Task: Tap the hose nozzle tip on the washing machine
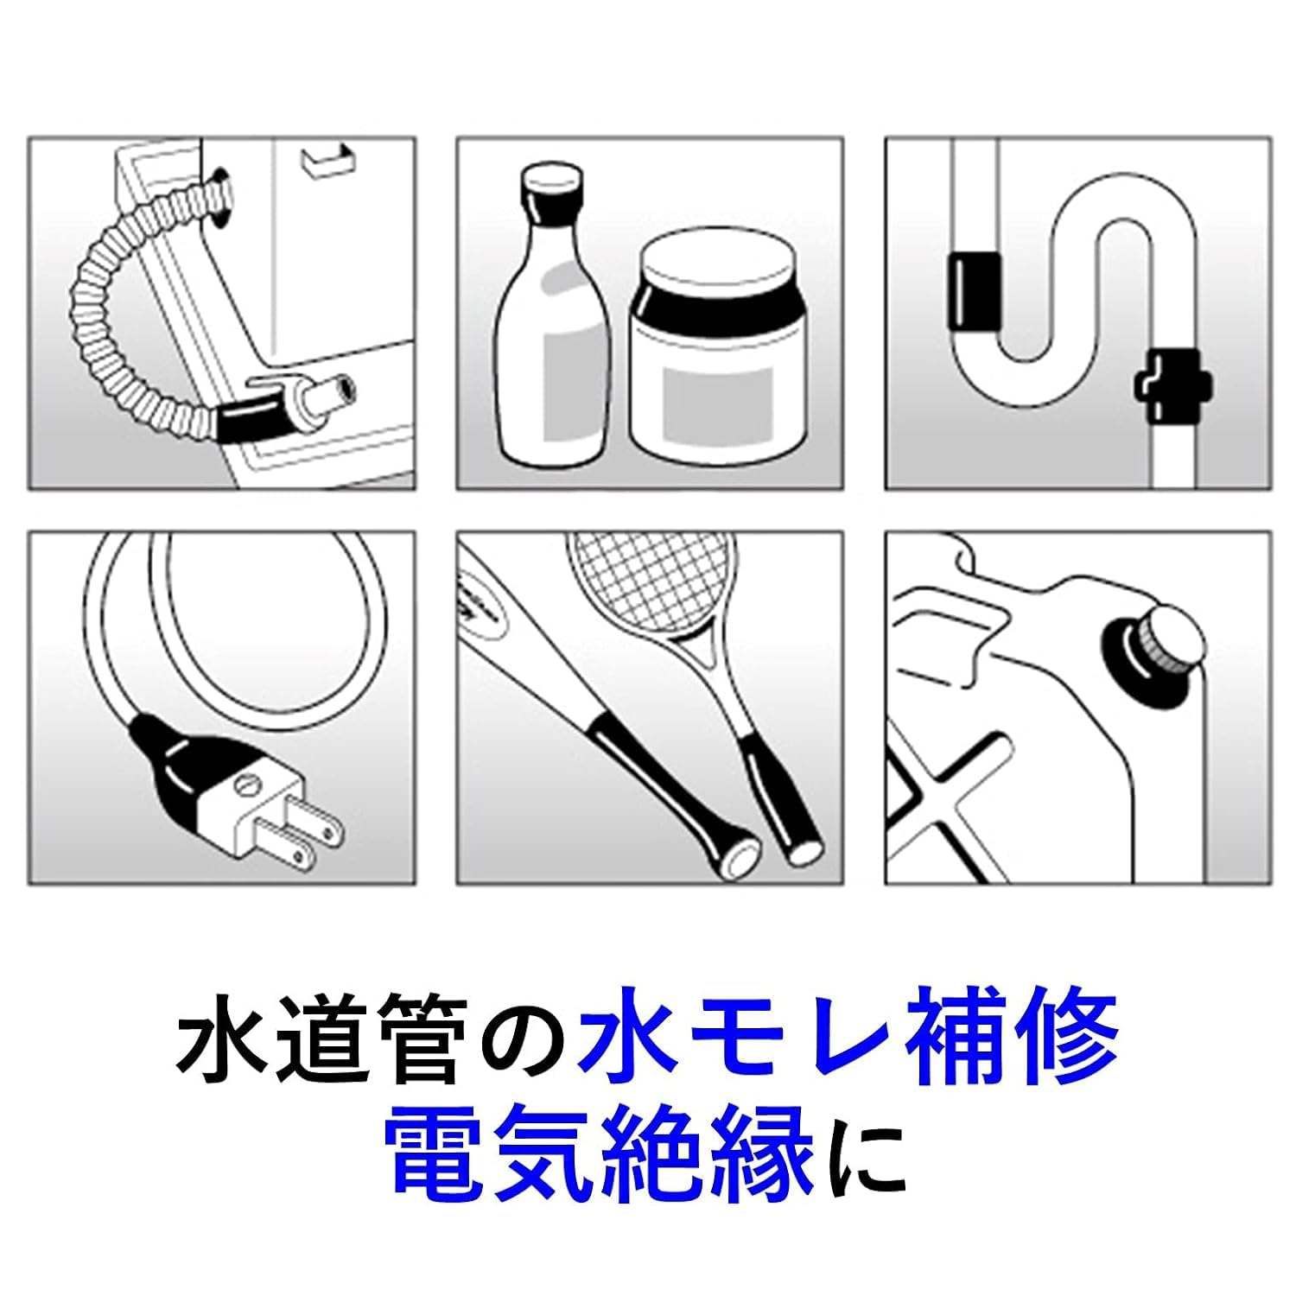tap(335, 387)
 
